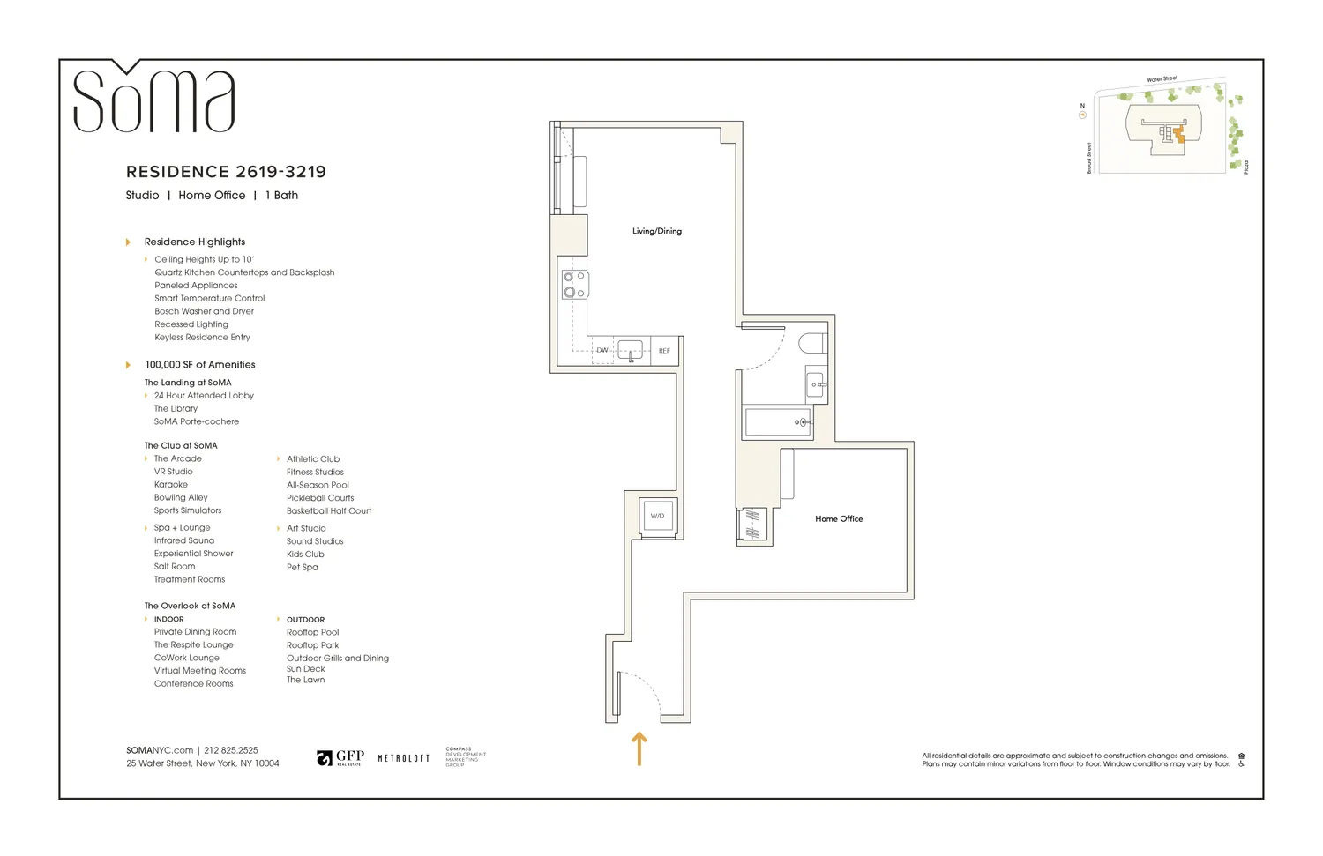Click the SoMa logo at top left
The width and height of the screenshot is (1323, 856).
153,99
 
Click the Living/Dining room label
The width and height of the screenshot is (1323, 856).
656,231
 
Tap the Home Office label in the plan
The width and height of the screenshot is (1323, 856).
838,519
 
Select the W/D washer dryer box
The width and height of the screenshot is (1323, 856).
657,516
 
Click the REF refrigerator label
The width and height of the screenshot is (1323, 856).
664,351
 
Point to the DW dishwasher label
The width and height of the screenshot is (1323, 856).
602,351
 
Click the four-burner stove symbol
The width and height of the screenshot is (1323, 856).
575,285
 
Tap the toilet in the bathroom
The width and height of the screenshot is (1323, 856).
812,343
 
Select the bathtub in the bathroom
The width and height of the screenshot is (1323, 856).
778,422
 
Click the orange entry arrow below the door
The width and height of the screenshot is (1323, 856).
639,748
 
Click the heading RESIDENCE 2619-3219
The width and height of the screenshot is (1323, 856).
226,172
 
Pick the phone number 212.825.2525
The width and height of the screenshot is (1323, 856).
231,750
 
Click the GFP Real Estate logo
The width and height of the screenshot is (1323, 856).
340,758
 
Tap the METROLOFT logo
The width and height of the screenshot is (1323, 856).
404,758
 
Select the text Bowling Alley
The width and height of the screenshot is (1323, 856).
181,497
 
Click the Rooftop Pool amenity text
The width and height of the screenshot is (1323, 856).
312,632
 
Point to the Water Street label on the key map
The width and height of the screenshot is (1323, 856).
1162,79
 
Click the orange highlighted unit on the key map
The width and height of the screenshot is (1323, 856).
1178,135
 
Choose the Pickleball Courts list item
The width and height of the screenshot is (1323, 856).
320,498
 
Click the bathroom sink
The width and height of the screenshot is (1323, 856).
816,384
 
